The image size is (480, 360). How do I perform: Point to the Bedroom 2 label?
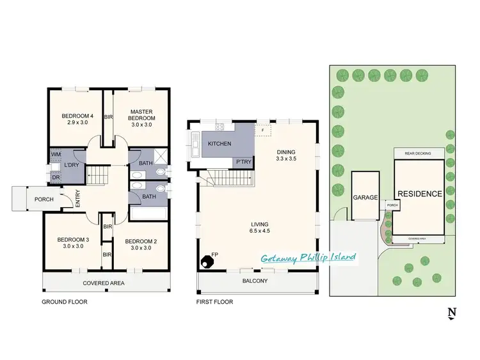140,244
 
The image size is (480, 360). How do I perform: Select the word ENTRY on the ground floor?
77,200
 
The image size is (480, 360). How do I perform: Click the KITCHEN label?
220,144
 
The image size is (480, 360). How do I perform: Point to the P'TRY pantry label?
243,162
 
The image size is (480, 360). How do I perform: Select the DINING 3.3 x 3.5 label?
285,155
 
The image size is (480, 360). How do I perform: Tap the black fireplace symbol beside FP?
207,261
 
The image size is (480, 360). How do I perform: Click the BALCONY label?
255,281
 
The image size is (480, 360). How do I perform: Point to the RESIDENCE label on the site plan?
419,194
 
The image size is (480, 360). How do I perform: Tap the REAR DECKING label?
417,153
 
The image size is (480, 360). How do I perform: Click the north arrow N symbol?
452,313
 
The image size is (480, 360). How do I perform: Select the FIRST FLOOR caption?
216,302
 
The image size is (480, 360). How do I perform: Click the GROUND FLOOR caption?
64,302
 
